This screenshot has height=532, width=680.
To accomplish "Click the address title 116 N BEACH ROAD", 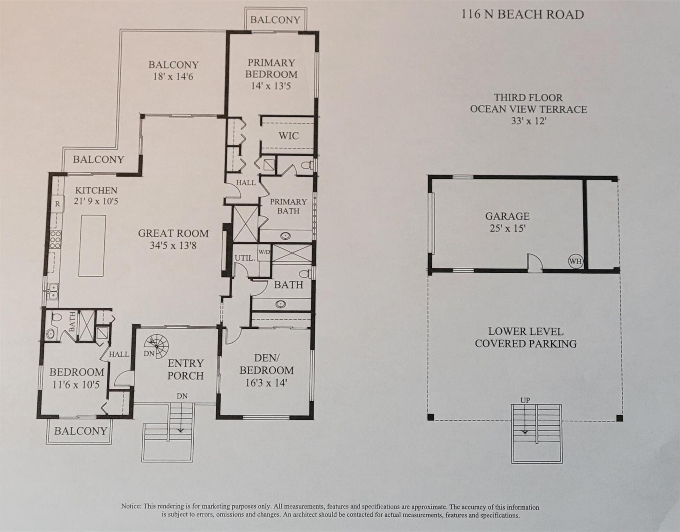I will pyautogui.click(x=522, y=15).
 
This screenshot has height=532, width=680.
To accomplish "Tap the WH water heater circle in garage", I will pyautogui.click(x=576, y=261).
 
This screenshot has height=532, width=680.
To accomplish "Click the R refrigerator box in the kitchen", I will pyautogui.click(x=58, y=204).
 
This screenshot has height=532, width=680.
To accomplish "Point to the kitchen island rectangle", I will pyautogui.click(x=92, y=245).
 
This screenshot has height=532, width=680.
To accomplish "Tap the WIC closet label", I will pyautogui.click(x=288, y=136).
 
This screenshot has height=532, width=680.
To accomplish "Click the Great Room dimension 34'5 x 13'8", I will pyautogui.click(x=173, y=246).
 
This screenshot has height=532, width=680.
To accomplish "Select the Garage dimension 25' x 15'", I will pyautogui.click(x=507, y=228).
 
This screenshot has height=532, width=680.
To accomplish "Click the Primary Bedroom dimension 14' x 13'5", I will pyautogui.click(x=271, y=86).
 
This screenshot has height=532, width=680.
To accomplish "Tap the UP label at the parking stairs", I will pyautogui.click(x=525, y=400).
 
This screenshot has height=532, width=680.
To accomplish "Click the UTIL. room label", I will pyautogui.click(x=245, y=258).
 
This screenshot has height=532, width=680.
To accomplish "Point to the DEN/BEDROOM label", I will pyautogui.click(x=266, y=364).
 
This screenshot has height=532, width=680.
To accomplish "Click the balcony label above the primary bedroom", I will pyautogui.click(x=275, y=20).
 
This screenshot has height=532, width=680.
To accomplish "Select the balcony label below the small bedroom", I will pyautogui.click(x=80, y=431).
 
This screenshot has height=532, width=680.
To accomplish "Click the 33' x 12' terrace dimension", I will pyautogui.click(x=528, y=121).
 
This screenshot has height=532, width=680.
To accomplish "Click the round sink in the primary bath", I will pyautogui.click(x=285, y=236).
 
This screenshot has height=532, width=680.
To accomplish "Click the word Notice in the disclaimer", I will pyautogui.click(x=131, y=507).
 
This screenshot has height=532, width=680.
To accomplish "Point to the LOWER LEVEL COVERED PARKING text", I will pyautogui.click(x=526, y=338).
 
